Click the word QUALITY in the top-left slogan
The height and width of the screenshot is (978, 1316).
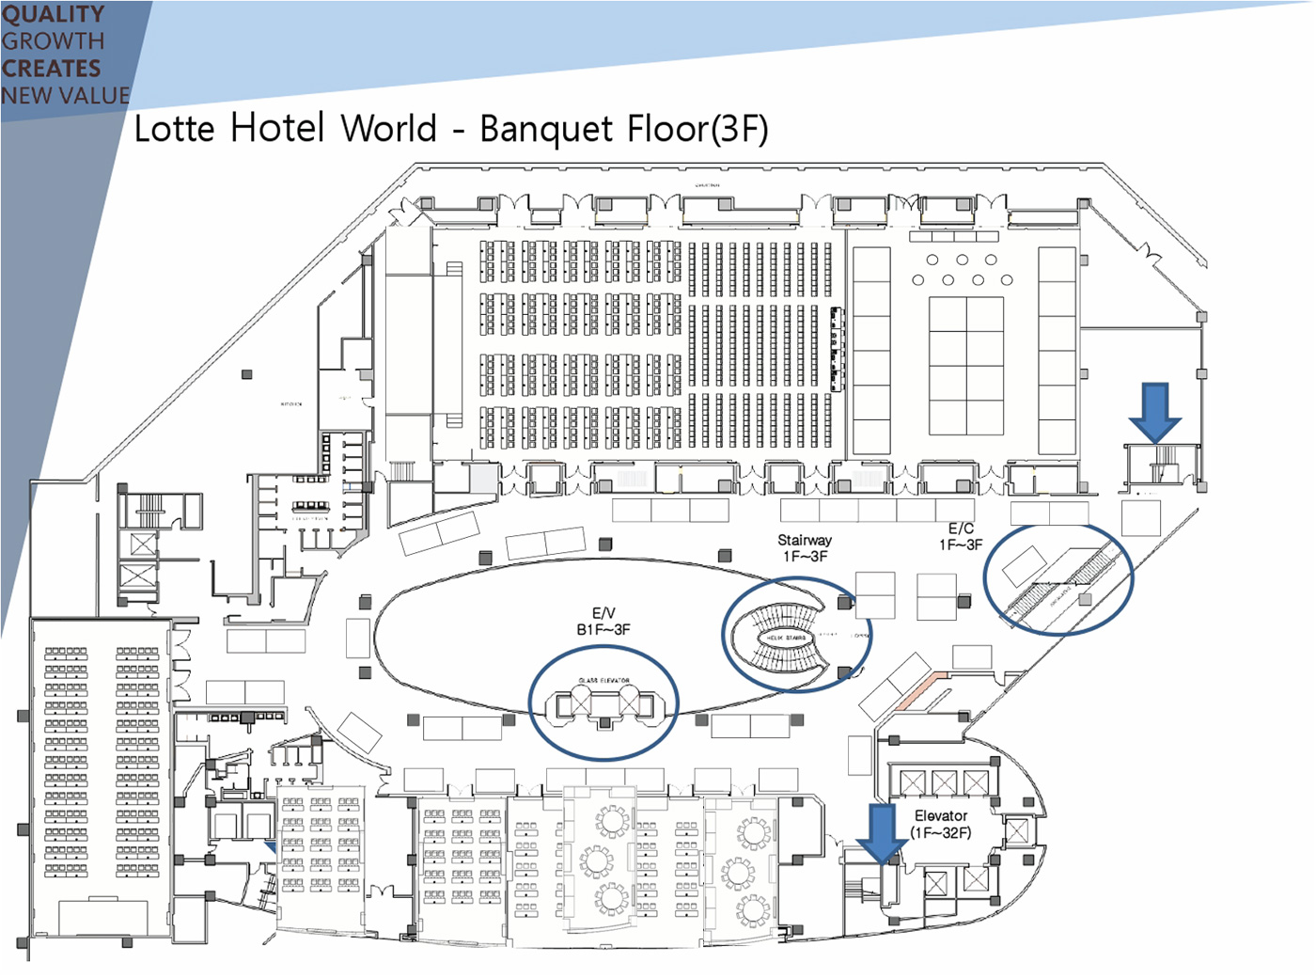click(x=53, y=14)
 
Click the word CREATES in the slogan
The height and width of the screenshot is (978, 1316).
click(x=51, y=69)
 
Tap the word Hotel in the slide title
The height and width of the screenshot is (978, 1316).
click(x=277, y=128)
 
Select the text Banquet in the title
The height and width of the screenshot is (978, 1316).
click(x=547, y=129)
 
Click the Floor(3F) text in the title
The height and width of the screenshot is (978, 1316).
click(x=695, y=129)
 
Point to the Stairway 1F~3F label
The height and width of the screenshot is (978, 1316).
click(x=805, y=548)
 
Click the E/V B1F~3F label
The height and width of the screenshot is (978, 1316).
click(x=603, y=622)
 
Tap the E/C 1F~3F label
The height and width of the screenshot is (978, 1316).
click(x=961, y=537)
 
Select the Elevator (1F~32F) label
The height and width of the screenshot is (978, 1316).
click(x=940, y=825)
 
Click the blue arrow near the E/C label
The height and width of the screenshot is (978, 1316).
click(x=1154, y=411)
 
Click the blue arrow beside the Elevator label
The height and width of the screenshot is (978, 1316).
click(x=882, y=832)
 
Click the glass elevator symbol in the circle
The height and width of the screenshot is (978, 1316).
click(x=604, y=703)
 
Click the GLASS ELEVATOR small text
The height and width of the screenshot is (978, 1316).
click(x=603, y=680)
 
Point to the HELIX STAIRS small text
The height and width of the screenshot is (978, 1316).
click(x=787, y=639)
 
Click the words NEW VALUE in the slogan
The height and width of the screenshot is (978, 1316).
click(x=65, y=96)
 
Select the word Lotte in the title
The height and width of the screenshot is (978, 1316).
click(x=175, y=129)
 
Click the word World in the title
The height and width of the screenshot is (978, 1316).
click(x=389, y=129)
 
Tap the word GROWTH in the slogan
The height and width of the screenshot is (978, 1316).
click(x=53, y=41)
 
